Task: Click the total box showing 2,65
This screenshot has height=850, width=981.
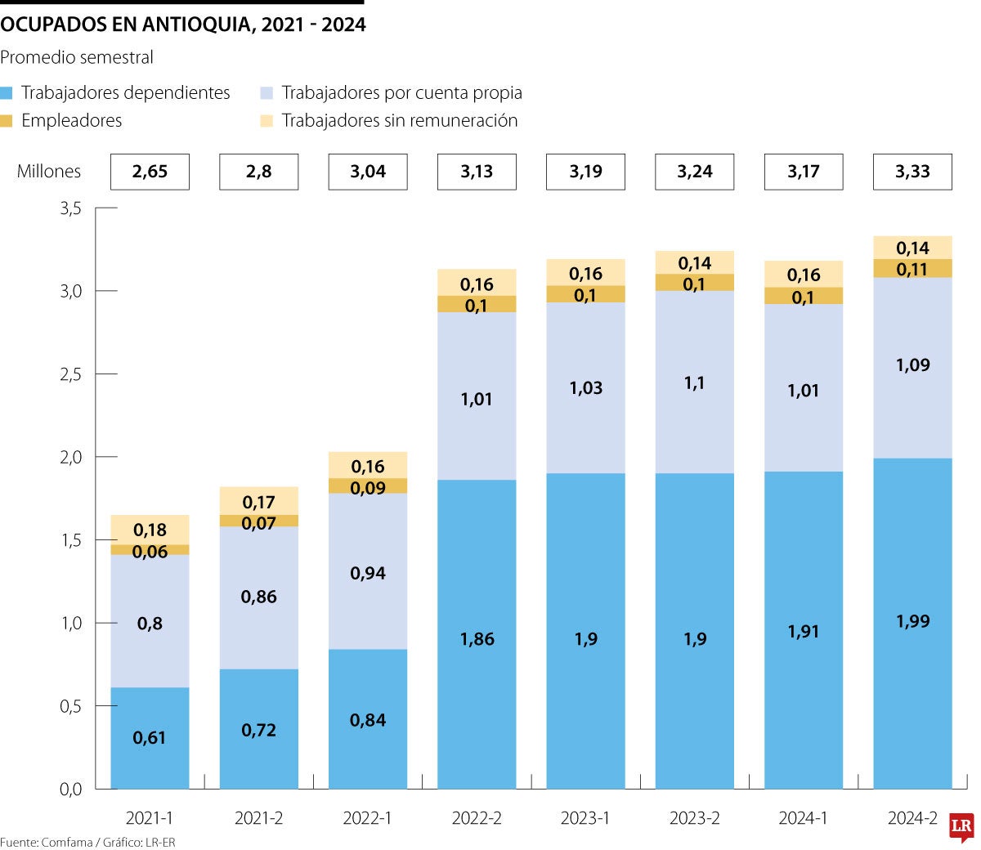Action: pyautogui.click(x=150, y=172)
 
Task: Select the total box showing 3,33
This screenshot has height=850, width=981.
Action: pyautogui.click(x=912, y=172)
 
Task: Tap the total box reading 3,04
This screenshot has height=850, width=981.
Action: pyautogui.click(x=368, y=172)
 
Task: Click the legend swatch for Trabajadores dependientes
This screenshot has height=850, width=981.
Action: pyautogui.click(x=7, y=93)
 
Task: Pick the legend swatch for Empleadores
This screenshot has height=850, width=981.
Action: pyautogui.click(x=7, y=121)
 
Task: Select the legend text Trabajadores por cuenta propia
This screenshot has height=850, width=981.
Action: pyautogui.click(x=401, y=93)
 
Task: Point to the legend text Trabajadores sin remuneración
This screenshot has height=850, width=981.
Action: pyautogui.click(x=399, y=121)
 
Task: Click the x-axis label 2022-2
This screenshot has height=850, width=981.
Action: pyautogui.click(x=477, y=818)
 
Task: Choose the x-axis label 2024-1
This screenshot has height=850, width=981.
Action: pyautogui.click(x=803, y=818)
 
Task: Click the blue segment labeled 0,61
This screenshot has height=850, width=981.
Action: pyautogui.click(x=150, y=737)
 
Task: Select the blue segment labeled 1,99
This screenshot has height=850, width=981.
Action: pyautogui.click(x=912, y=621)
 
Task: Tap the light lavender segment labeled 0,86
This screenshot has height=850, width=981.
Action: pyautogui.click(x=258, y=597)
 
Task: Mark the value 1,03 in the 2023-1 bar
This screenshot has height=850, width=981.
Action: pyautogui.click(x=585, y=388)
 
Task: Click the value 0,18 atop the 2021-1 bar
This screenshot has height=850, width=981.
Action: pyautogui.click(x=150, y=530)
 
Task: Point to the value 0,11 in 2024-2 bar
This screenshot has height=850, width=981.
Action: pyautogui.click(x=912, y=269)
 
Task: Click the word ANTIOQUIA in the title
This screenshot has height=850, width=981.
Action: pyautogui.click(x=197, y=25)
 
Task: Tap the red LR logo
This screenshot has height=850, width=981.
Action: pyautogui.click(x=961, y=827)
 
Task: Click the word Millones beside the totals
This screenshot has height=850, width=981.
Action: pyautogui.click(x=49, y=172)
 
